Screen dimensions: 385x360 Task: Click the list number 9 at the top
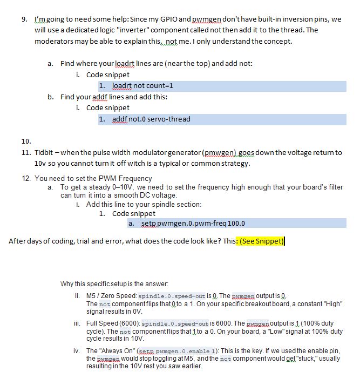(24, 19)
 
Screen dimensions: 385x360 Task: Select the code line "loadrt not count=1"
(142, 86)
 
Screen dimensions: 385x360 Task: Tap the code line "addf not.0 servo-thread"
(151, 119)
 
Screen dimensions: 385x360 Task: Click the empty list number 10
(25, 141)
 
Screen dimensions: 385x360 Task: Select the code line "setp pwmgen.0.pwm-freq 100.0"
(193, 223)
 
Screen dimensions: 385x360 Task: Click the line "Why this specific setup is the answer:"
(114, 283)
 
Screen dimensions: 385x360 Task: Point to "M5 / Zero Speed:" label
(112, 296)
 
